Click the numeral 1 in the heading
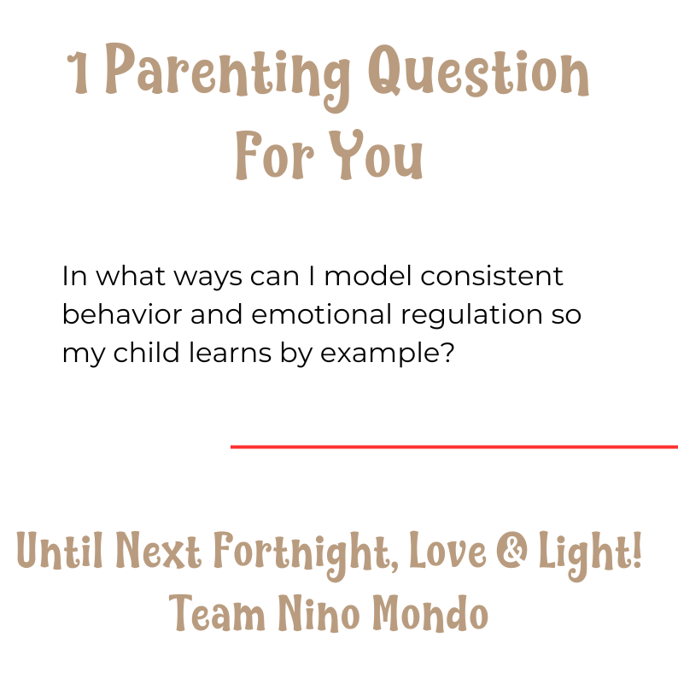coord(79,73)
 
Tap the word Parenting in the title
coord(228,76)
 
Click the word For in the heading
coord(275,155)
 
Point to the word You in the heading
coord(376,155)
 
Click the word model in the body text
coord(368,276)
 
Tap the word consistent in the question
coord(492,277)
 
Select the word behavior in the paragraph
coord(122,314)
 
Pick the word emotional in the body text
coord(321,314)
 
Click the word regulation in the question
coord(471,315)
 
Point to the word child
coord(146,352)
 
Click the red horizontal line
coord(454,447)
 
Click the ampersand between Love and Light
coord(511,550)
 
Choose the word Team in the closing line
coord(217,612)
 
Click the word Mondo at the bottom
coord(430,612)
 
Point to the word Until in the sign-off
coord(59,550)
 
